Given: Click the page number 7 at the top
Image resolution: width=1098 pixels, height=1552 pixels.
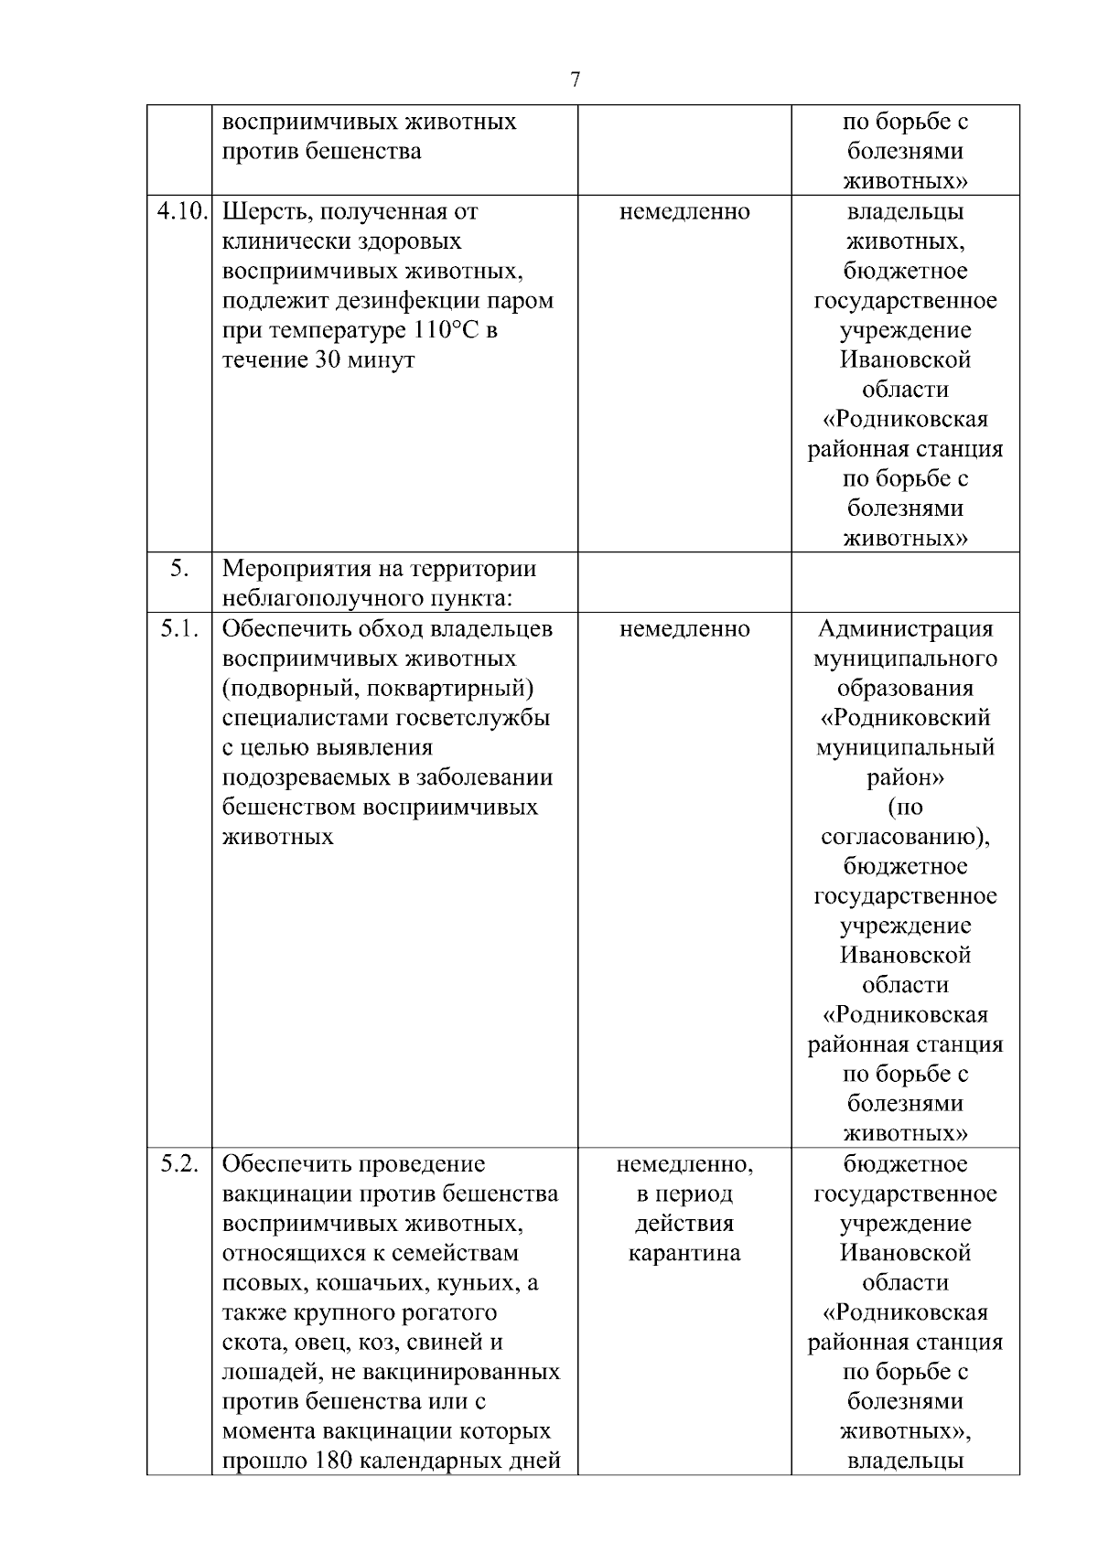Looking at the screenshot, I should (575, 80).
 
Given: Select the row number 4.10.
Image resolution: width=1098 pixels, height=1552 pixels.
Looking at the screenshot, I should (182, 211).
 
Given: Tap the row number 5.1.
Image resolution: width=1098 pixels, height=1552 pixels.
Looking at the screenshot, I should (179, 628).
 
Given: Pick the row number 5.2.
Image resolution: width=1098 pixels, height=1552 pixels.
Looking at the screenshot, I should (179, 1164).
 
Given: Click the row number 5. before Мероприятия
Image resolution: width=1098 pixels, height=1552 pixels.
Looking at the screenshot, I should (179, 568).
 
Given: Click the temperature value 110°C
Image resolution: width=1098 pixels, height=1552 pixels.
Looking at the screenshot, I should (439, 330).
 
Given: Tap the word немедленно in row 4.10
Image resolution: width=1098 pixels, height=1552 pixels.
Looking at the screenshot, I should (684, 212).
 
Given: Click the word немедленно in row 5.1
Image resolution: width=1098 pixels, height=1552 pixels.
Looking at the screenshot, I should (684, 629).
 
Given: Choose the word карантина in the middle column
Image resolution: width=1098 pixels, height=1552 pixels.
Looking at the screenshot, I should (684, 1253).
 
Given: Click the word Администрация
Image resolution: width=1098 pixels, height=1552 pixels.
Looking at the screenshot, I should (905, 629).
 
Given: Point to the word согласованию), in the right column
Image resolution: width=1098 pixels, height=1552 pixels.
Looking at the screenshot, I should (905, 837).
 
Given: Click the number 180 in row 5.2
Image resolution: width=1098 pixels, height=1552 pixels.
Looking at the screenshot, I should (328, 1461).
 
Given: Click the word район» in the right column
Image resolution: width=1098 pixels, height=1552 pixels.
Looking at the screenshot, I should (905, 777).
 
